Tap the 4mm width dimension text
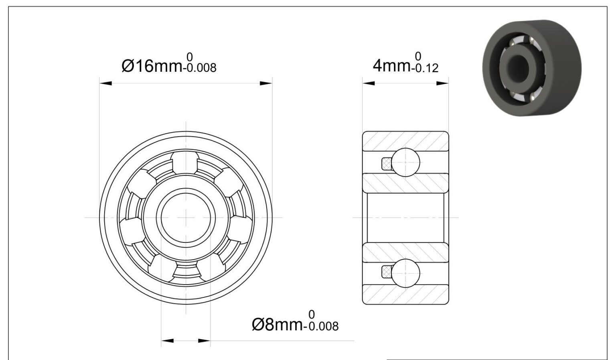[391, 65]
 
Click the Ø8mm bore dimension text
[277, 324]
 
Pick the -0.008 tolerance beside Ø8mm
[321, 326]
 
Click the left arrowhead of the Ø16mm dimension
[105, 83]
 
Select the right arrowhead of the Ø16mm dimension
[266, 83]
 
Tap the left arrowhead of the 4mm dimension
[369, 83]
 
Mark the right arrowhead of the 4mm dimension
[442, 83]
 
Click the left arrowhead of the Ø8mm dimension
[168, 341]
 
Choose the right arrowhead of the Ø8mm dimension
[204, 341]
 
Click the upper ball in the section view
[405, 162]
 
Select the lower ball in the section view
[405, 273]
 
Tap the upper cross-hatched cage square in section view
[386, 163]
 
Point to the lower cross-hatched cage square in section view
[386, 272]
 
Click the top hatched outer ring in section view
[405, 141]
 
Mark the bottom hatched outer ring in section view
[405, 294]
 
